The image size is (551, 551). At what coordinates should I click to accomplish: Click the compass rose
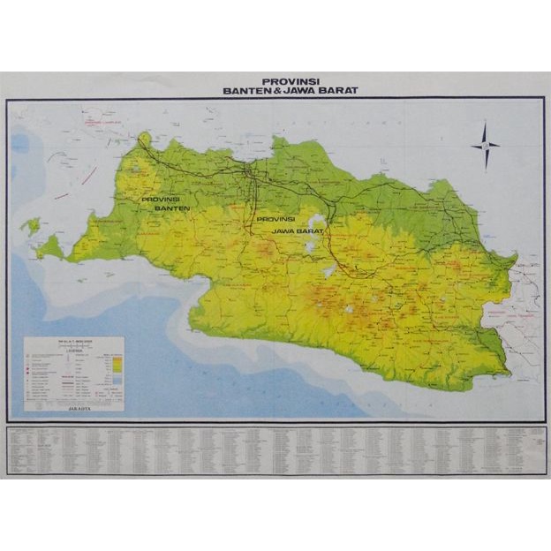click(x=485, y=146)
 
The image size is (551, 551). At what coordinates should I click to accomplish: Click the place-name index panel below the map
click(x=275, y=450)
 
